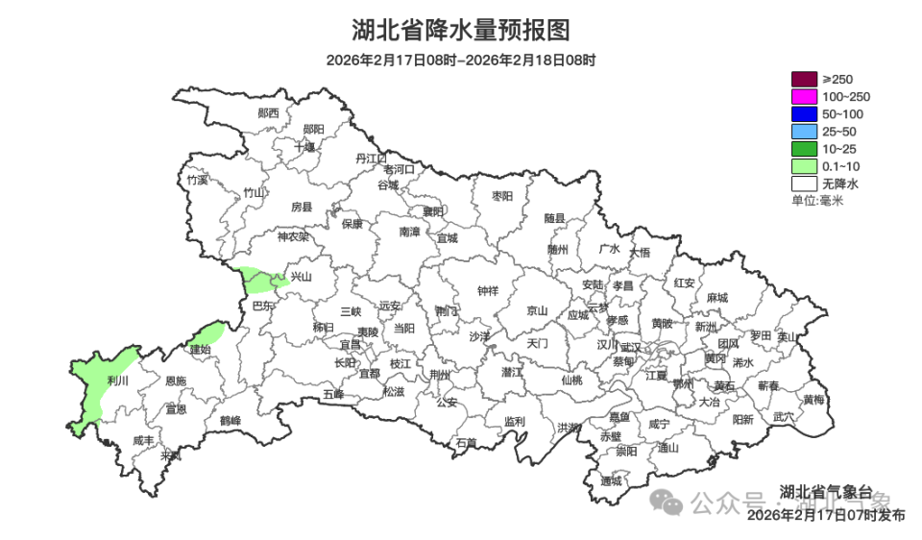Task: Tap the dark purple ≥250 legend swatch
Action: coord(803,79)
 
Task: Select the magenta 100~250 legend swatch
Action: coord(803,96)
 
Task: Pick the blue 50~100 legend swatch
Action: coord(803,113)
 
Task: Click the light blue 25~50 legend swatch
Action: coord(803,131)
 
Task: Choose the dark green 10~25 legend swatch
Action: coord(803,149)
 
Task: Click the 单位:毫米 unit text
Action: coord(816,200)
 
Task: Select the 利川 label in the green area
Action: coord(119,381)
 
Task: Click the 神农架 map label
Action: coord(293,236)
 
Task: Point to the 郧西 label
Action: coord(269,112)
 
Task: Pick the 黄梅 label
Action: coord(813,400)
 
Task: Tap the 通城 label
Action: coord(611,480)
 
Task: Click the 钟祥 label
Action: coord(488,291)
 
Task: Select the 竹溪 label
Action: coord(197,180)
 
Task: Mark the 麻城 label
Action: coord(716,298)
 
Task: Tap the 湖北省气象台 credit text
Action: coord(825,491)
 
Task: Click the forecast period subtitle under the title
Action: coord(461,60)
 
